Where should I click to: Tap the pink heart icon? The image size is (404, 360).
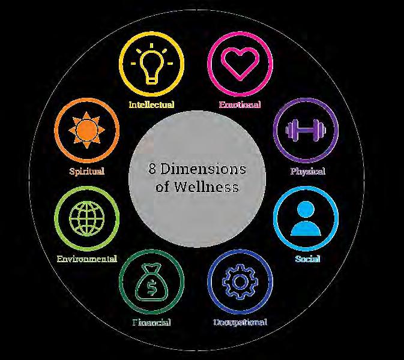coord(240,62)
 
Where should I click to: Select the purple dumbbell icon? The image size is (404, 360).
coord(306,130)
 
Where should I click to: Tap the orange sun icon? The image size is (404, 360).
coord(86,130)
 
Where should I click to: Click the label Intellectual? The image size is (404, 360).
coord(151,105)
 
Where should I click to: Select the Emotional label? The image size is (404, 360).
coord(240,105)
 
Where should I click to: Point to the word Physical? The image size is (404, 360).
coord(307,172)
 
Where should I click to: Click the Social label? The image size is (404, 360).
coord(307,259)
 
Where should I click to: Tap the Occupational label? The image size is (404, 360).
coord(240,322)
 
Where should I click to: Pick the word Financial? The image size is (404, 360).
coord(151,322)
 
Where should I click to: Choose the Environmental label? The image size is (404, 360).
coord(86,259)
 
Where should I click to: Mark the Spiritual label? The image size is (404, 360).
coord(86,172)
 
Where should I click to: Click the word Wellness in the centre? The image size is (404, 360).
coord(206,187)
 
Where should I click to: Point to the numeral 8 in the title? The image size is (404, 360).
coord(152,169)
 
